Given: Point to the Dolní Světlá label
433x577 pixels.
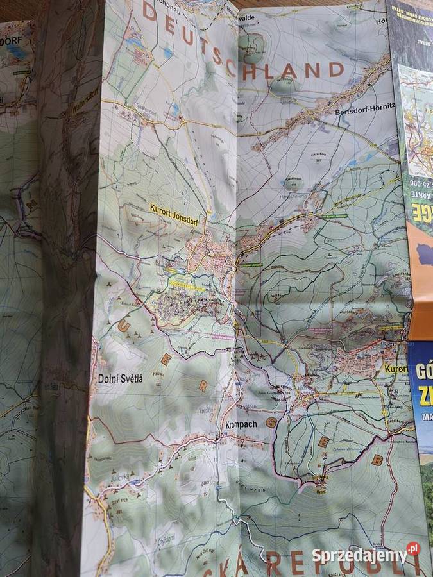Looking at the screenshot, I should (121, 378).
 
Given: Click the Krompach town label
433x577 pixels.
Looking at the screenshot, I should (241, 424).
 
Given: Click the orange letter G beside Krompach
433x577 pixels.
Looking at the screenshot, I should (271, 423).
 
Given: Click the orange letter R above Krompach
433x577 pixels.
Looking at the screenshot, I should (203, 385).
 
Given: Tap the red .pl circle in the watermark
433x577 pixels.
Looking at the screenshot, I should (412, 549).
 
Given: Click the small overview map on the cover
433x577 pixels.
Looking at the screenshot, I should (417, 122).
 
